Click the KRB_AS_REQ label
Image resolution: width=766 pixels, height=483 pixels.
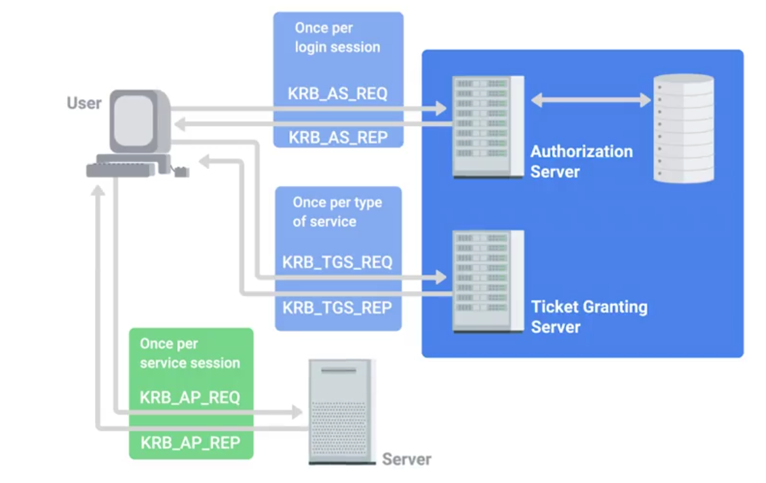pyautogui.click(x=337, y=94)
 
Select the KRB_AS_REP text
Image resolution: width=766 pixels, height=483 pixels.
pyautogui.click(x=338, y=137)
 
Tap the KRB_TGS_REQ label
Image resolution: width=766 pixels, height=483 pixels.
pyautogui.click(x=337, y=262)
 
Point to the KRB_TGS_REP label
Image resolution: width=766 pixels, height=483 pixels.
pyautogui.click(x=337, y=307)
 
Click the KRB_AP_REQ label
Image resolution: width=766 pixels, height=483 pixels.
pyautogui.click(x=190, y=398)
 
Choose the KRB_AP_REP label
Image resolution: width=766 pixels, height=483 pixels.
pyautogui.click(x=190, y=443)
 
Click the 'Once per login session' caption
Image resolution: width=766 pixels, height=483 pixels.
pyautogui.click(x=337, y=38)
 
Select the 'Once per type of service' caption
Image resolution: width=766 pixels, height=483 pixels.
pyautogui.click(x=337, y=212)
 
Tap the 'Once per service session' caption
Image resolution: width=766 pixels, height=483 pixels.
pyautogui.click(x=190, y=353)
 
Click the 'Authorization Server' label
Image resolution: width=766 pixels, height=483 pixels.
pyautogui.click(x=581, y=161)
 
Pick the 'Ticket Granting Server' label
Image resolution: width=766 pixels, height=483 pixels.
pyautogui.click(x=589, y=317)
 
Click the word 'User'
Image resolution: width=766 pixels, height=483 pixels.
pyautogui.click(x=84, y=103)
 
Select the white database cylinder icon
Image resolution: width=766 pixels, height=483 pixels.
pyautogui.click(x=683, y=128)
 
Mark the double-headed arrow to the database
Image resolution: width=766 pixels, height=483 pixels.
pyautogui.click(x=590, y=100)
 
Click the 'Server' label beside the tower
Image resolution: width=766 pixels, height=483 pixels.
pyautogui.click(x=406, y=459)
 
